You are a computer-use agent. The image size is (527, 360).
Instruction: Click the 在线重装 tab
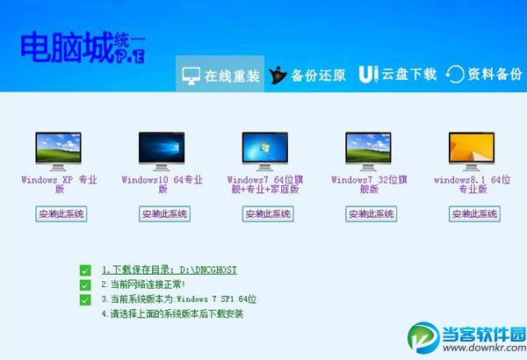[x=220, y=75]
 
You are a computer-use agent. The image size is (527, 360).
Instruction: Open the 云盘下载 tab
[x=397, y=75]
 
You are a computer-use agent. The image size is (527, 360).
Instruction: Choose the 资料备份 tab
[x=484, y=75]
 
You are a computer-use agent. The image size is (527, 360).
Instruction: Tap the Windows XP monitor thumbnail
[x=60, y=150]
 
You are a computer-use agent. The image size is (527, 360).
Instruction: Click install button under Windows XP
[x=61, y=213]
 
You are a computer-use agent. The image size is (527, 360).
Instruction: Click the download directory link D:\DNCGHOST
[x=169, y=270]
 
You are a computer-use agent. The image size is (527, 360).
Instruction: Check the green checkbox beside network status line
[x=85, y=284]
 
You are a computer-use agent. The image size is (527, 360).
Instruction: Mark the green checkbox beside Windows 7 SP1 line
[x=85, y=299]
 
